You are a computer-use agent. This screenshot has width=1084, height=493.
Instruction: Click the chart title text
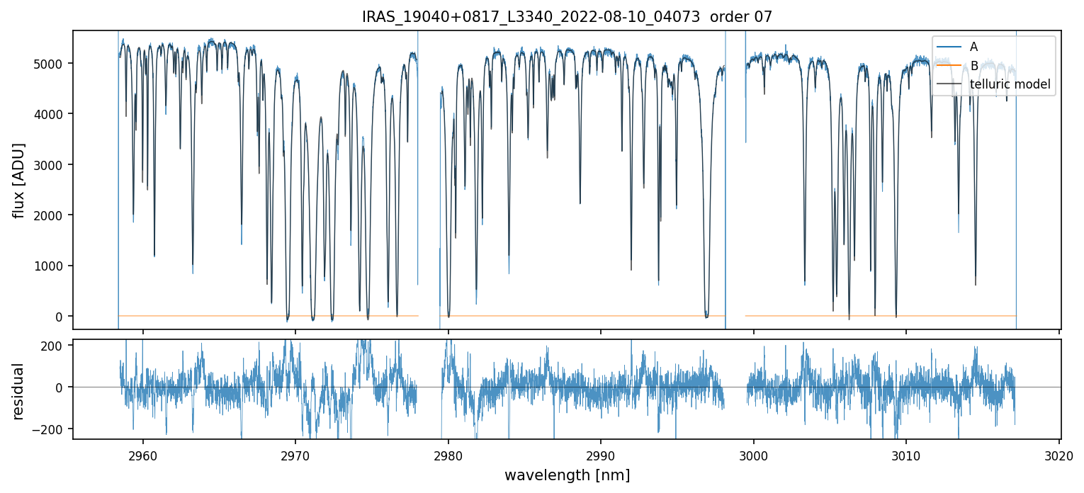click(567, 17)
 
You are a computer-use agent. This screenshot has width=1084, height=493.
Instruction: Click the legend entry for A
click(973, 47)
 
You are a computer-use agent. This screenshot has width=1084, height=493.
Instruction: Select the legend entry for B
click(973, 66)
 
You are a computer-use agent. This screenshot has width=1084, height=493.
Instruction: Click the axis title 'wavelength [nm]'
click(567, 475)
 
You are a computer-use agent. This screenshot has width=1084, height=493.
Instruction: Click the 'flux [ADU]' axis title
click(19, 180)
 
